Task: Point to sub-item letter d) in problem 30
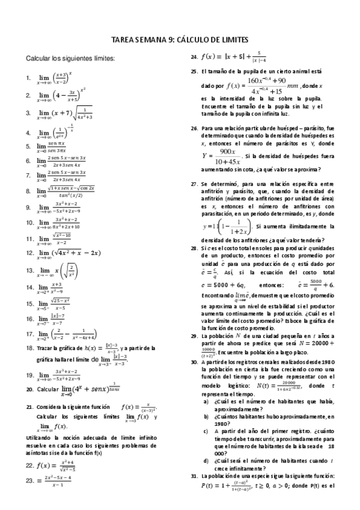click(206, 461)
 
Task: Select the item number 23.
click(30, 480)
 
